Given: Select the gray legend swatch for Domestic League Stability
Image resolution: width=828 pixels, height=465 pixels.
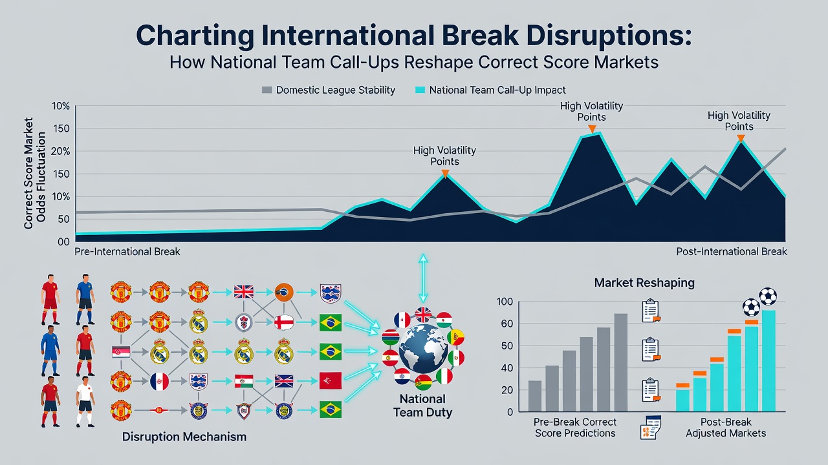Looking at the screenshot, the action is pyautogui.click(x=267, y=90).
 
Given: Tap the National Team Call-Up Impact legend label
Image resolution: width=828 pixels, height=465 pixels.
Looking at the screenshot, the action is pyautogui.click(x=497, y=90).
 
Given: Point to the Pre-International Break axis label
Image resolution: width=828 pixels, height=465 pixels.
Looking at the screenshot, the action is pyautogui.click(x=127, y=252).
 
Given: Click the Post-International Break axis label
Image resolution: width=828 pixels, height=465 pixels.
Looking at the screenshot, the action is pyautogui.click(x=732, y=252).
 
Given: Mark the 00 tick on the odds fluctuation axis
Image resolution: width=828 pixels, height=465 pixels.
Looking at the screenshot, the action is pyautogui.click(x=63, y=242).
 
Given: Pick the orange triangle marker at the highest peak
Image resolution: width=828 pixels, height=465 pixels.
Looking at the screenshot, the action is pyautogui.click(x=592, y=129).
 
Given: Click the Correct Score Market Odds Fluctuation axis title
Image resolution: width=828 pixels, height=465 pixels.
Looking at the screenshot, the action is pyautogui.click(x=34, y=174).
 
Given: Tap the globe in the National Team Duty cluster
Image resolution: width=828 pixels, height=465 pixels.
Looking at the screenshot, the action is pyautogui.click(x=423, y=349).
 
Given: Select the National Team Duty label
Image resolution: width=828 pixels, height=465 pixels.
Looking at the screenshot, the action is pyautogui.click(x=422, y=406).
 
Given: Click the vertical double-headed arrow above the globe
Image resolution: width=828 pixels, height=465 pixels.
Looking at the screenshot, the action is pyautogui.click(x=423, y=278).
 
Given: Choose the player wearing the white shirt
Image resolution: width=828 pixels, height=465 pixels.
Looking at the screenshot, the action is pyautogui.click(x=85, y=402).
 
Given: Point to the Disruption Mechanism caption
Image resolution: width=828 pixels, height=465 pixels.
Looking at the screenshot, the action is pyautogui.click(x=184, y=437).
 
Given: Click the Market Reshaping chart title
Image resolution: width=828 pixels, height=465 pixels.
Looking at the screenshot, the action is pyautogui.click(x=644, y=283).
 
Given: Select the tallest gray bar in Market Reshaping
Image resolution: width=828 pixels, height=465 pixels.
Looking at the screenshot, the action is pyautogui.click(x=620, y=362).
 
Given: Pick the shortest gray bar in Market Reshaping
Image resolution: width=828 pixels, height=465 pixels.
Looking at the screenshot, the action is pyautogui.click(x=535, y=396).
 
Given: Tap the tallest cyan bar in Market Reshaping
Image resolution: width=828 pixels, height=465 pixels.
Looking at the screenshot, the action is pyautogui.click(x=769, y=361).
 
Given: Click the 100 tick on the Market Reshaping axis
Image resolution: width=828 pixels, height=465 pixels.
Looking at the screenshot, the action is pyautogui.click(x=505, y=302).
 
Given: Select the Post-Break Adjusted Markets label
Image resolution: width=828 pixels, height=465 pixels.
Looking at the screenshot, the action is pyautogui.click(x=726, y=428).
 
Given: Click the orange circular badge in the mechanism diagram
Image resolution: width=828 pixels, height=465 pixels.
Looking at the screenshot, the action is pyautogui.click(x=284, y=293).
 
